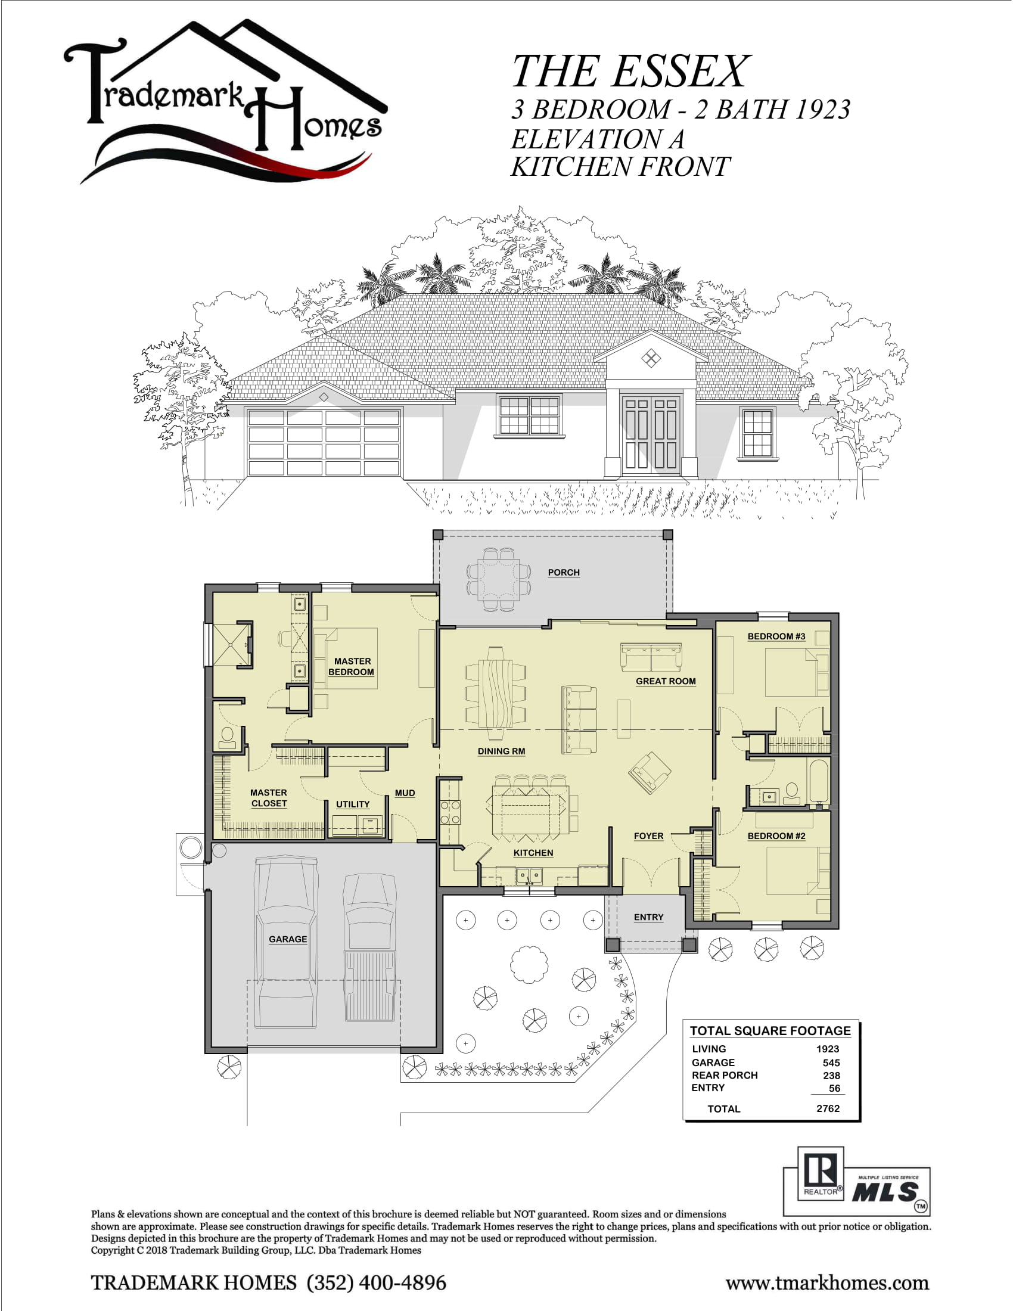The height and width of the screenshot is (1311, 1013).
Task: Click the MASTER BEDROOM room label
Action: coord(352,667)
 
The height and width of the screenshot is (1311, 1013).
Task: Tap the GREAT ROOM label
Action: coord(666,681)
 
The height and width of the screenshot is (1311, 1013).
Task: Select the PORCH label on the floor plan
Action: coord(564,573)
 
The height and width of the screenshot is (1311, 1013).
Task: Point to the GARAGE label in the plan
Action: coord(287,939)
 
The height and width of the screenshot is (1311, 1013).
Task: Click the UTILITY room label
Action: coord(353,804)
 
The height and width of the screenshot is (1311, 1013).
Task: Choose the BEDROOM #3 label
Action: coord(776,636)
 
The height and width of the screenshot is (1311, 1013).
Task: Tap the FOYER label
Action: coord(649,835)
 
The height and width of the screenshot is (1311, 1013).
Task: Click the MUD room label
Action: coord(405,793)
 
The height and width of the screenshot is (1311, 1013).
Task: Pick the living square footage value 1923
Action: coord(828,1049)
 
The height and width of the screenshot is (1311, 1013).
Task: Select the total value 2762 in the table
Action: coord(828,1108)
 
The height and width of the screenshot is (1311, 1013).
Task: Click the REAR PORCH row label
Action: coord(725,1075)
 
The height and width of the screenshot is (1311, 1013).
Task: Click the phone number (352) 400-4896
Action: coord(376,1283)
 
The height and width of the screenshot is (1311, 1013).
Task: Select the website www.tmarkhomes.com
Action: coord(827,1284)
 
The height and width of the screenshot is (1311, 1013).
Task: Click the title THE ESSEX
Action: coord(630,72)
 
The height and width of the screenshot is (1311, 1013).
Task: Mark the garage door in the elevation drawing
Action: coord(324,442)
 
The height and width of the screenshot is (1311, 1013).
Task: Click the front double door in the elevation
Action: coord(651,433)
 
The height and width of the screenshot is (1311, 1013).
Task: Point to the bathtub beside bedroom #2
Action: coord(819,780)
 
